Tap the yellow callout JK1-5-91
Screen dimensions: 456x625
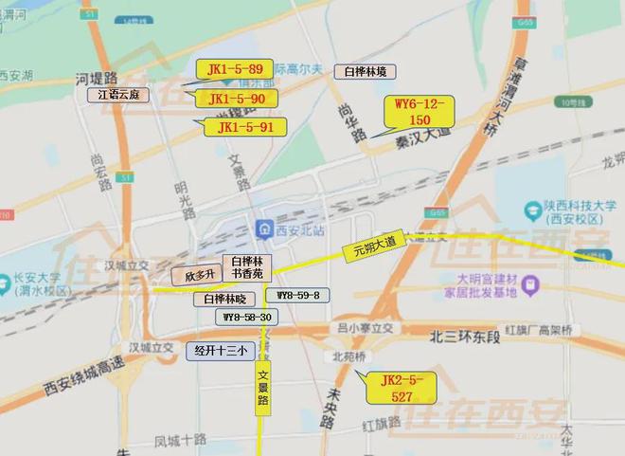(245, 127)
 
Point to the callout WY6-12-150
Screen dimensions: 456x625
(420, 112)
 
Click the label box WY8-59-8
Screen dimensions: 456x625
(297, 296)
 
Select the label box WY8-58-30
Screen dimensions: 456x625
(246, 318)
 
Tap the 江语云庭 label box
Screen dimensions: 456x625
(119, 95)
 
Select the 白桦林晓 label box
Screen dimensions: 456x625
(224, 299)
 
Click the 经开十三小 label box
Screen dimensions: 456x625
(221, 350)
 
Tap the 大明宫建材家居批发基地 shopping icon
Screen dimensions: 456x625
(530, 283)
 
